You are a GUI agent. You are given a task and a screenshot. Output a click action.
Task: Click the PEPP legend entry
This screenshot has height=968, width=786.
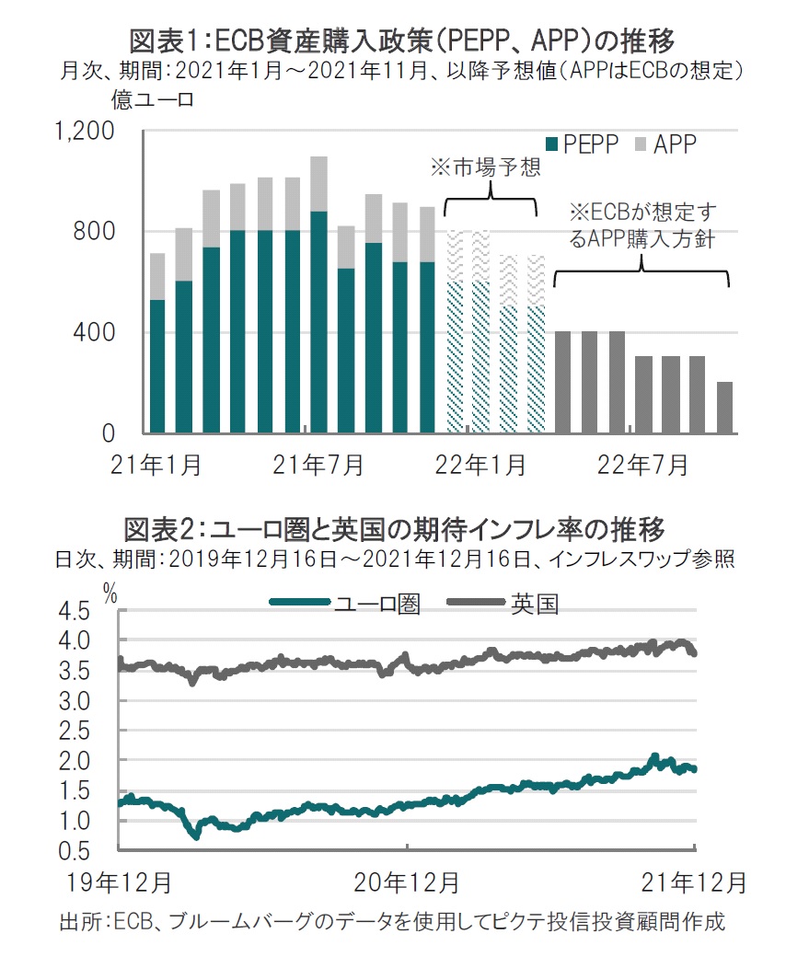(583, 144)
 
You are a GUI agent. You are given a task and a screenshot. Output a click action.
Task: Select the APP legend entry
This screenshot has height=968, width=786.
(666, 144)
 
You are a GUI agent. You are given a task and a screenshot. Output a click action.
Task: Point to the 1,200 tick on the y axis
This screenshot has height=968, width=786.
(85, 131)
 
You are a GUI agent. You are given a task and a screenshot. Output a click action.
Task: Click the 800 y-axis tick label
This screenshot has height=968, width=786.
(94, 232)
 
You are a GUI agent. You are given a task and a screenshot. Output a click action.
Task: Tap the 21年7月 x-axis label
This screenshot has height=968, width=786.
(318, 465)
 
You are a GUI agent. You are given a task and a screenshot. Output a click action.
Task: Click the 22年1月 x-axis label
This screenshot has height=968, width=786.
(480, 465)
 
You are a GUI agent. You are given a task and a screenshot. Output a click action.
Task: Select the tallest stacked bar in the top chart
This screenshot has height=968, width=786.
(318, 295)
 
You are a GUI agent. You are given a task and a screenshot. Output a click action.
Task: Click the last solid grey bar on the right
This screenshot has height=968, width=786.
(725, 408)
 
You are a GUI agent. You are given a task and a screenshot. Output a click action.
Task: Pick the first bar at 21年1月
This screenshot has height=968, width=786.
(157, 343)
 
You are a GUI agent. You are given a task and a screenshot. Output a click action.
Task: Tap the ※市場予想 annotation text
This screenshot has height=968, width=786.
(485, 167)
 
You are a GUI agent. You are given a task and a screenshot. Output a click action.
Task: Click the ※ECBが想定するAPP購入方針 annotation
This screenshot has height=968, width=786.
(642, 225)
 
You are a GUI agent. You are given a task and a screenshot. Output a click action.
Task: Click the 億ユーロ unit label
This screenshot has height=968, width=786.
(153, 99)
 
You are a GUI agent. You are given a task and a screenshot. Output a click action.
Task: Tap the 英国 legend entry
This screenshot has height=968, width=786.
(503, 603)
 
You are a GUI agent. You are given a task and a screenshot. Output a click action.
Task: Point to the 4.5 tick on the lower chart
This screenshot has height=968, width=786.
(75, 612)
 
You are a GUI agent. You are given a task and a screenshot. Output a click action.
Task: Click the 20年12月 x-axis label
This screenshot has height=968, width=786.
(406, 882)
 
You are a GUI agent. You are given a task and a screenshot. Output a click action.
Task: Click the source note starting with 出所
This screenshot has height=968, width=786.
(392, 922)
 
